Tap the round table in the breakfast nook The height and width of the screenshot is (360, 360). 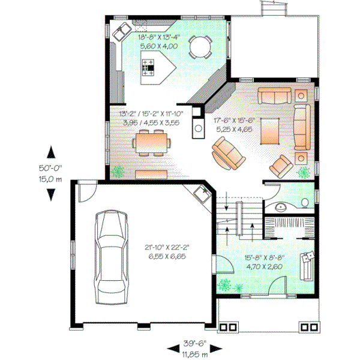pyautogui.click(x=199, y=46)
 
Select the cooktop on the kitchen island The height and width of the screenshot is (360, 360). pyautogui.click(x=147, y=68)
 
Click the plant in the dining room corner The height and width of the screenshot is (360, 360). pyautogui.click(x=120, y=172)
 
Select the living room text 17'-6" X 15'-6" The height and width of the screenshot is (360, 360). pyautogui.click(x=238, y=120)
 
